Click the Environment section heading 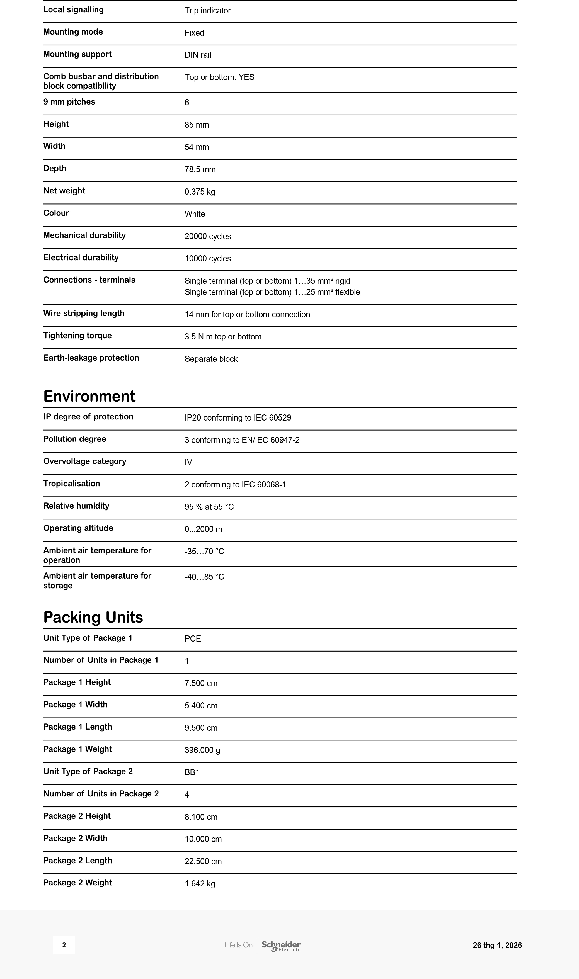pyautogui.click(x=89, y=396)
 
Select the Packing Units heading pyautogui.click(x=93, y=617)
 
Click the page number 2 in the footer pyautogui.click(x=64, y=945)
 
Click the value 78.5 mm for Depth pyautogui.click(x=200, y=169)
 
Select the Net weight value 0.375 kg pyautogui.click(x=200, y=191)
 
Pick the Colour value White pyautogui.click(x=195, y=214)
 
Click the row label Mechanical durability pyautogui.click(x=84, y=235)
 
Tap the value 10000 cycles pyautogui.click(x=208, y=259)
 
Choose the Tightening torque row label pyautogui.click(x=77, y=336)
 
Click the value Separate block pyautogui.click(x=211, y=359)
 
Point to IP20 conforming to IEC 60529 pyautogui.click(x=238, y=418)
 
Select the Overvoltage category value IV pyautogui.click(x=188, y=462)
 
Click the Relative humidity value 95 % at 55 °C pyautogui.click(x=209, y=507)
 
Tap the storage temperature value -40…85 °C pyautogui.click(x=204, y=577)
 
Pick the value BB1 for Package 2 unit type pyautogui.click(x=192, y=773)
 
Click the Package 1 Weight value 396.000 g pyautogui.click(x=202, y=750)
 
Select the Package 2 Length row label pyautogui.click(x=78, y=861)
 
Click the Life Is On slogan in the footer pyautogui.click(x=238, y=945)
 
